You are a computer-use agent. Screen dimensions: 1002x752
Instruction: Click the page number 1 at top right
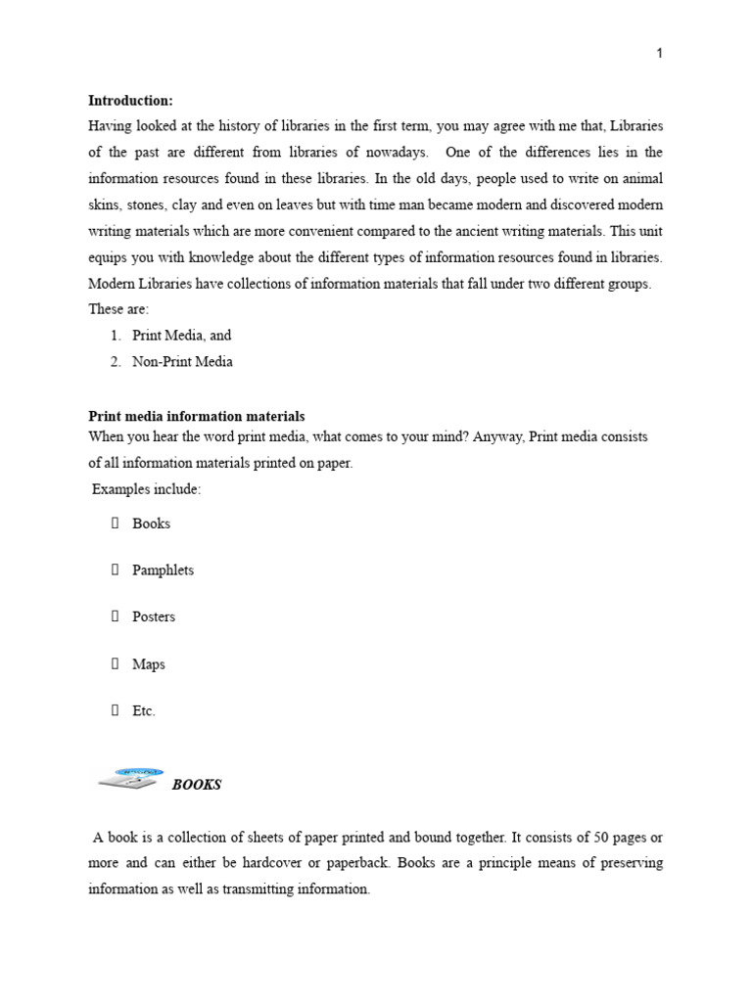pos(659,53)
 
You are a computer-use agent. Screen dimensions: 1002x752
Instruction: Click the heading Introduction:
pos(130,100)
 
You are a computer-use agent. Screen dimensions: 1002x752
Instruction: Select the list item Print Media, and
pos(181,335)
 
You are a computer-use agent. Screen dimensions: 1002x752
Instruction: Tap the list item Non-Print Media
pos(182,361)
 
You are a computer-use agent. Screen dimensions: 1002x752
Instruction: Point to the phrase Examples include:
pos(146,489)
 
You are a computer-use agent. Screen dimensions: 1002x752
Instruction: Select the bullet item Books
pos(151,524)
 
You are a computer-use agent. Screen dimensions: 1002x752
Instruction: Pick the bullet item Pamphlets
pos(163,570)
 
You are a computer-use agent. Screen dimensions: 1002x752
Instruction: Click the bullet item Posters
pos(154,617)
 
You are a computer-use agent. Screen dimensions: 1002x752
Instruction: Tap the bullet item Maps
pos(149,664)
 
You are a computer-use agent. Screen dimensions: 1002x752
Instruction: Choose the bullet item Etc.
pos(144,711)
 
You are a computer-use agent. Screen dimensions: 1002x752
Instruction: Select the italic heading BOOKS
pos(197,785)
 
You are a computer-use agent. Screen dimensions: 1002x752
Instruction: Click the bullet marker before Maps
pos(114,664)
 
